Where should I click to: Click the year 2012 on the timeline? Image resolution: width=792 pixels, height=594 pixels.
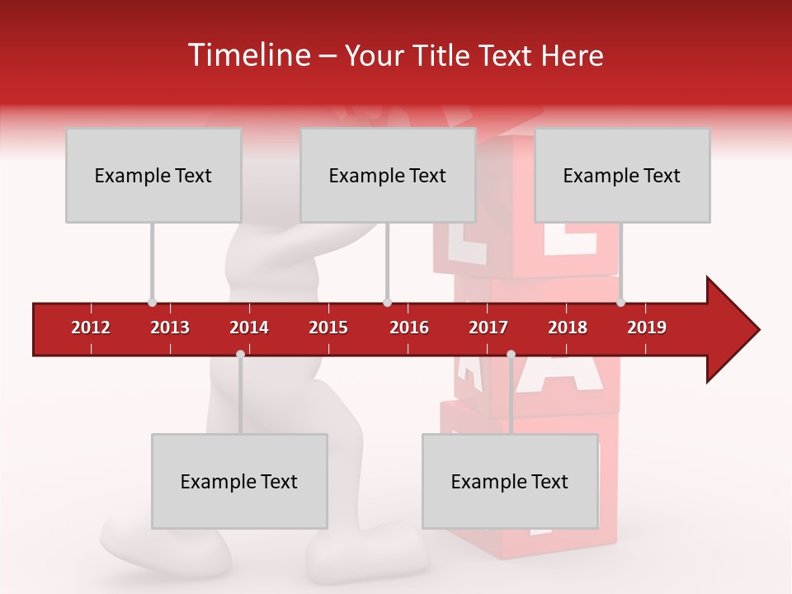91,328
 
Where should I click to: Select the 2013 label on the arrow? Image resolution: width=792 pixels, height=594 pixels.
170,328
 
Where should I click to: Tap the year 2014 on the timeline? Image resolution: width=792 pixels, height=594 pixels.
249,328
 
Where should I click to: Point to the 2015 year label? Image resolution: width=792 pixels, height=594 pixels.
328,328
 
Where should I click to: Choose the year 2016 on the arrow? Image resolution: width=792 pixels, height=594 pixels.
409,328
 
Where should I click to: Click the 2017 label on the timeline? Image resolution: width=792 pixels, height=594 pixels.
488,328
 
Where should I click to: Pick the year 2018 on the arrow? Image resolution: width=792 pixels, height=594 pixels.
568,328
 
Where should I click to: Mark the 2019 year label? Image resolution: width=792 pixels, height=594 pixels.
647,328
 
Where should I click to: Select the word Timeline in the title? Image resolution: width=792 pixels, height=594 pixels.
247,55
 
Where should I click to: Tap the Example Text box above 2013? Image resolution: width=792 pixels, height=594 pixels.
153,175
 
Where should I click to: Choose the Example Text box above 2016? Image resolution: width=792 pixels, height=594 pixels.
388,175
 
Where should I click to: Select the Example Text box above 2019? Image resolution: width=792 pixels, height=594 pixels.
622,175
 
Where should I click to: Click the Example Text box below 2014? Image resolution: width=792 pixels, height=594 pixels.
239,481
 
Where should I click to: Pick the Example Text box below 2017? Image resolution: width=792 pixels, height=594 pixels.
510,481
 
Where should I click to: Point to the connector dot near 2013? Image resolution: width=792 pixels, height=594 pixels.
152,302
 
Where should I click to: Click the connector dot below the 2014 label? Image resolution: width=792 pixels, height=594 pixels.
240,354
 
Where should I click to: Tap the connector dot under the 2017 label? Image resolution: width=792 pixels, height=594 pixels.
511,354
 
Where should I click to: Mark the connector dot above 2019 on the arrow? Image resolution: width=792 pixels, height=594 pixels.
620,302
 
